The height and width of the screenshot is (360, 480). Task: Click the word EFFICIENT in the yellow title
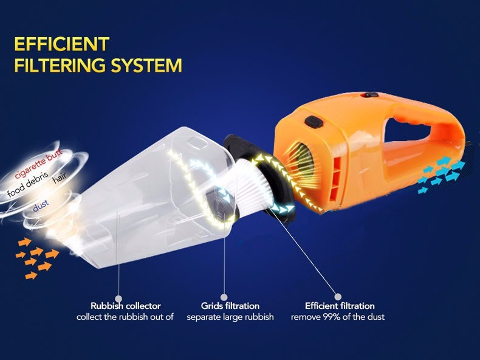pos(62,44)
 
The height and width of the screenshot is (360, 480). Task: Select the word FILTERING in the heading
pos(61,65)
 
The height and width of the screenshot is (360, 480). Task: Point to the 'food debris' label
pos(27,184)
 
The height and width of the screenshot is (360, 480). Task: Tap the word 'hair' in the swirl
pos(60,179)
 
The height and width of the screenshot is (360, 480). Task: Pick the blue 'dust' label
pos(41,206)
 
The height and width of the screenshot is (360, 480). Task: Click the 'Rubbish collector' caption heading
pos(126,306)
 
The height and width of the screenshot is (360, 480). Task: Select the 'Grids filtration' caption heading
pos(230,306)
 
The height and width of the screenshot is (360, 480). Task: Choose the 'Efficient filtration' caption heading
pos(340,306)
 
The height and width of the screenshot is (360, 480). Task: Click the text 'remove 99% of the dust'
pos(338,317)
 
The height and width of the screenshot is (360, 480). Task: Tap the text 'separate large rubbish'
pos(230,317)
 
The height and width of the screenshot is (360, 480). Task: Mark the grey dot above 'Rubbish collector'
pos(118,299)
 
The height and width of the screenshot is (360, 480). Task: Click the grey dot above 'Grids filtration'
pos(224,297)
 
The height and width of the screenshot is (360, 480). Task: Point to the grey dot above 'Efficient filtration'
pos(338,297)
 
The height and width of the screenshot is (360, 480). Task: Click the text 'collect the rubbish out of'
pos(125,317)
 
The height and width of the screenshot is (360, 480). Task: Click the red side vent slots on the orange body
pos(337,178)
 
